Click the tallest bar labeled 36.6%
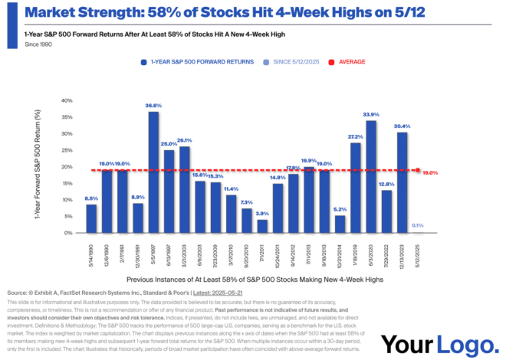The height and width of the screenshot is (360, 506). [x=153, y=172]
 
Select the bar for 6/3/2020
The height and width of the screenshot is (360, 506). [x=371, y=177]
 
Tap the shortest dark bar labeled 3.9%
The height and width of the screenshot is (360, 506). [x=262, y=226]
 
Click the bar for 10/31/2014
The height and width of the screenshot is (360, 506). [x=340, y=224]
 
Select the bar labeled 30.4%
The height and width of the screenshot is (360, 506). [x=402, y=182]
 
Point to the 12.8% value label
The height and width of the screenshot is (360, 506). [x=386, y=185]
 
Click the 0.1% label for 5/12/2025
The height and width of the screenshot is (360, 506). [x=417, y=226]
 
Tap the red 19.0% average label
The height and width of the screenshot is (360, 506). [x=430, y=173]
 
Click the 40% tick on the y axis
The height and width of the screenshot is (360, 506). [x=67, y=100]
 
